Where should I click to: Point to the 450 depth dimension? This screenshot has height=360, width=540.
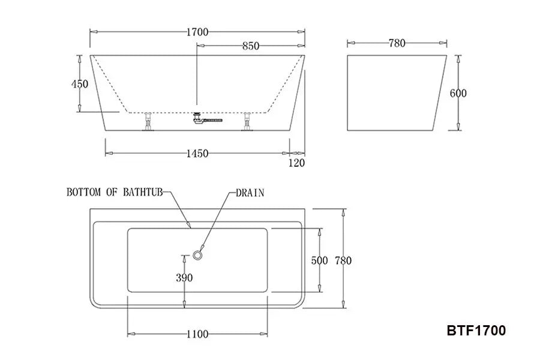click(80, 84)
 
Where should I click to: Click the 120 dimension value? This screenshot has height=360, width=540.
click(296, 163)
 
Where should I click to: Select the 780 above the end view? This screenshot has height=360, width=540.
click(397, 43)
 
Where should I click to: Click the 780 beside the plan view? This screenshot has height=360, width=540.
click(343, 260)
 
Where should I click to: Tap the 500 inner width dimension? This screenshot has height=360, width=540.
click(320, 260)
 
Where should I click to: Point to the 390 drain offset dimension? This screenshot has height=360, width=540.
click(184, 277)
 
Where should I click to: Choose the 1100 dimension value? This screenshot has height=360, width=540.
click(197, 334)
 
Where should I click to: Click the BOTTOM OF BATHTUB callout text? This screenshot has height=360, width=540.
click(115, 193)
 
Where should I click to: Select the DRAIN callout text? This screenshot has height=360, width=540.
click(250, 193)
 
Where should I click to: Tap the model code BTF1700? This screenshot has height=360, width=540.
click(476, 330)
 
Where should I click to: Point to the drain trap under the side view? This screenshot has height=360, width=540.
click(198, 119)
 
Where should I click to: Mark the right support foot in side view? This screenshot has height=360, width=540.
click(247, 122)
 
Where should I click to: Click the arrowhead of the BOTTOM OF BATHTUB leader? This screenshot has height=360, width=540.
click(190, 226)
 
